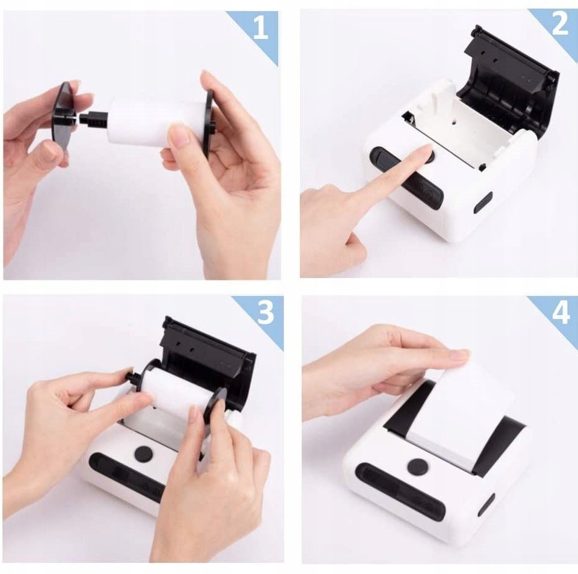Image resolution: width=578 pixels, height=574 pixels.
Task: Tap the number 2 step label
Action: pos(560,25)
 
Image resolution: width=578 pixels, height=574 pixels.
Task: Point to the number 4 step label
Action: pos(561,313)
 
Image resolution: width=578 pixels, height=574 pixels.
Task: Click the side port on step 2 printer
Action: pos(483,203)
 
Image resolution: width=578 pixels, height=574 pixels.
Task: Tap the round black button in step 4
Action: pos(418,466)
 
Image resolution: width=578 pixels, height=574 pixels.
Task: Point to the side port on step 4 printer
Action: pos(487,505)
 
